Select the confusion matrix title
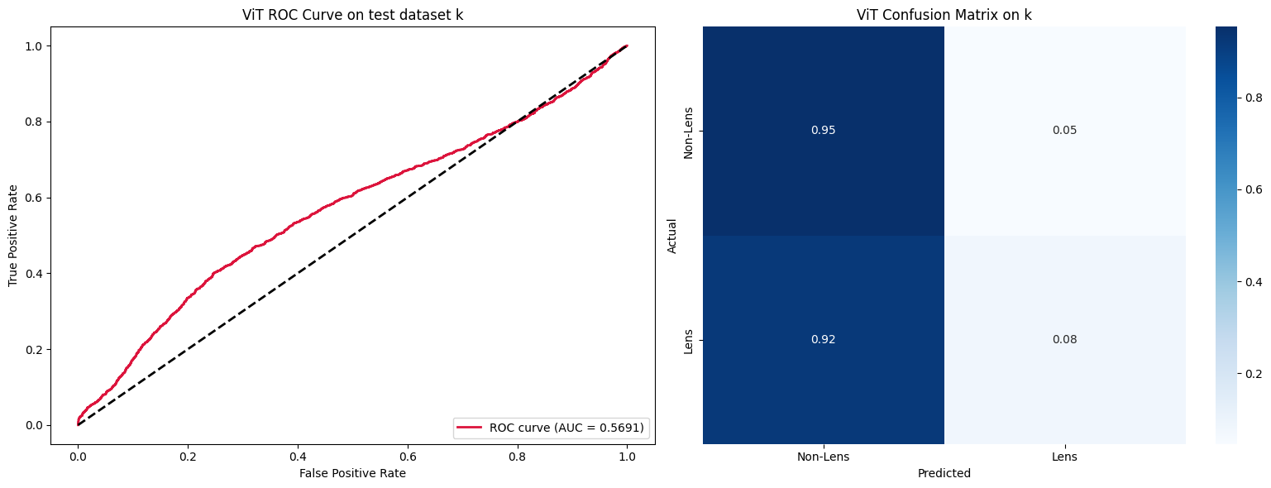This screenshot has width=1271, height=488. click(x=944, y=15)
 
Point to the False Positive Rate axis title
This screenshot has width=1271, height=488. click(x=352, y=473)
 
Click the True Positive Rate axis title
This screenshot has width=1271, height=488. click(x=13, y=236)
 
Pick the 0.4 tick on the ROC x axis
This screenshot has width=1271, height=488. click(x=298, y=456)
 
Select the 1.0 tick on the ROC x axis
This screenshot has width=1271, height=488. click(x=627, y=456)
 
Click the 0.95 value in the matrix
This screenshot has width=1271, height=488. click(x=823, y=131)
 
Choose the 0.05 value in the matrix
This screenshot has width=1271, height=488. click(x=1064, y=131)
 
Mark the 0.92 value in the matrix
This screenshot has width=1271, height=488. click(x=823, y=340)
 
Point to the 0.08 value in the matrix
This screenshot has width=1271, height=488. click(x=1064, y=340)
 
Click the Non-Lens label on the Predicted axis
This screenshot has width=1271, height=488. click(x=823, y=457)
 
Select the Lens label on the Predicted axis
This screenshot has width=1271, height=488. click(x=1064, y=457)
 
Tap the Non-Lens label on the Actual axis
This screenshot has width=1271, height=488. click(x=689, y=131)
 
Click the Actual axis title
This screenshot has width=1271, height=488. click(x=672, y=236)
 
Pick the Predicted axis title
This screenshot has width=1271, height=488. click(x=944, y=474)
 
